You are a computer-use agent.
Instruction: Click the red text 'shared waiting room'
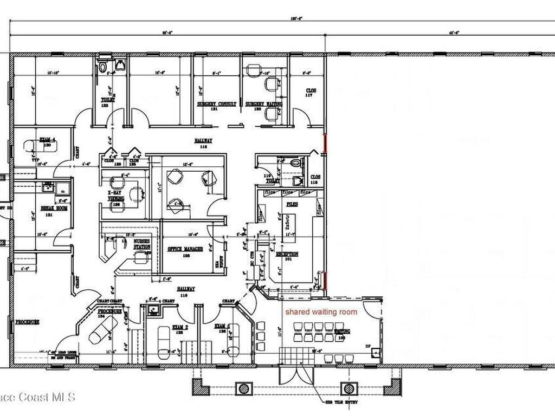point(321,312)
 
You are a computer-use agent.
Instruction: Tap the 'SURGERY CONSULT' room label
point(216,103)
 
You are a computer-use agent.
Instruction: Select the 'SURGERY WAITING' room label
point(262,103)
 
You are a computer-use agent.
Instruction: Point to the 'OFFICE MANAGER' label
point(185,249)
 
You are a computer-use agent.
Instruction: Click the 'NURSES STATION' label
point(141,244)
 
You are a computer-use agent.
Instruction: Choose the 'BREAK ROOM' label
point(54,207)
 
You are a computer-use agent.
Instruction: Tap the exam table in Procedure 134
point(102,329)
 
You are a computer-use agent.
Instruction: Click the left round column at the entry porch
point(244,388)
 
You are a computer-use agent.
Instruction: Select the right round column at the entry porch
point(349,388)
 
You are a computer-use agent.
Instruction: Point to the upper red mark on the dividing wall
point(325,144)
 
